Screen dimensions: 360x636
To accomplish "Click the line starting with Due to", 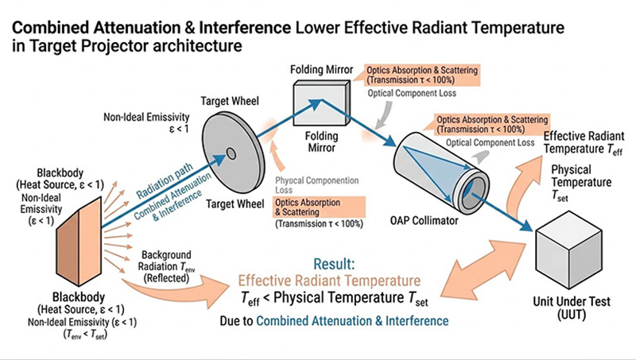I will point(335,319).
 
